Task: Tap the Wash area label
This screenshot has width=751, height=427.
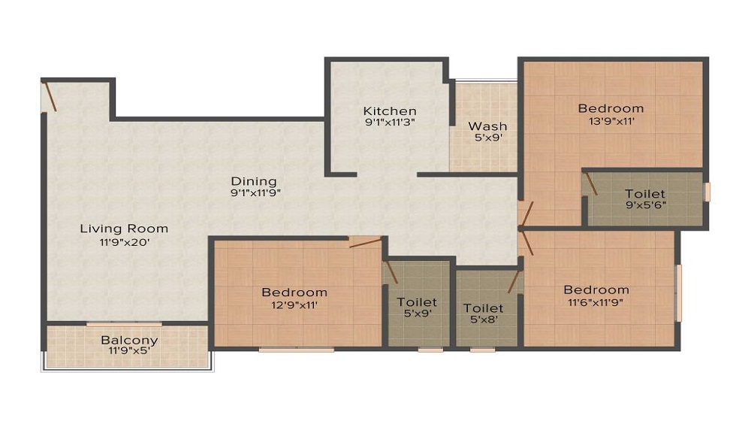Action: (487, 126)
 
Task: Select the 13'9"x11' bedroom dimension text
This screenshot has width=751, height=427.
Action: (611, 122)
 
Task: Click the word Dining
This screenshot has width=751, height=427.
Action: (254, 181)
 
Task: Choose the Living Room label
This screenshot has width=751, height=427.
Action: (124, 229)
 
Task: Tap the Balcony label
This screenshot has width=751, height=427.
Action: (129, 340)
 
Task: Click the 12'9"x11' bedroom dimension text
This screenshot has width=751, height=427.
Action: (294, 304)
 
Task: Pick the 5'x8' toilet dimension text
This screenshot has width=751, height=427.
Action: (483, 320)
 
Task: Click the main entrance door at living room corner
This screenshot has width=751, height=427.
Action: (50, 96)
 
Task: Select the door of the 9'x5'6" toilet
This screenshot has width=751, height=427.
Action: (591, 185)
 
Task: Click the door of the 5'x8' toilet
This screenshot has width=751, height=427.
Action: (514, 282)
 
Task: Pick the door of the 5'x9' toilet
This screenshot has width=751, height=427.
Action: (391, 271)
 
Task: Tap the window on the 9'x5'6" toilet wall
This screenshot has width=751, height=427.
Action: (707, 192)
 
